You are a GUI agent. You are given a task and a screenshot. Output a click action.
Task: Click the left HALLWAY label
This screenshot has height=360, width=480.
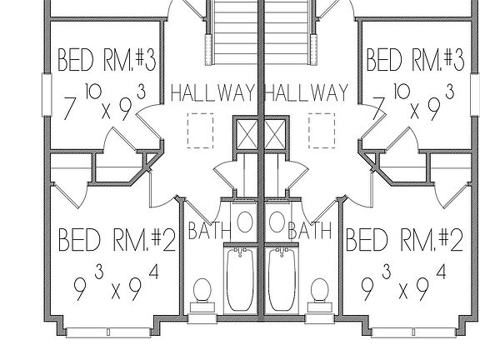(x=213, y=93)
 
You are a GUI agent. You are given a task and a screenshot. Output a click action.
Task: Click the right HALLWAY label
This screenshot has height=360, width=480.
(x=306, y=93)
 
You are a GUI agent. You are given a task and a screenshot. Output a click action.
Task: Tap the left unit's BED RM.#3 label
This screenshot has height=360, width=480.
(x=107, y=60)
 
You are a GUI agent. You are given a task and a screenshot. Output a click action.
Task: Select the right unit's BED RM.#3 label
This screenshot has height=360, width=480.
(x=415, y=60)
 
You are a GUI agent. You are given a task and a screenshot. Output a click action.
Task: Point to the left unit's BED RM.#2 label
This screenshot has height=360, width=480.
(x=117, y=240)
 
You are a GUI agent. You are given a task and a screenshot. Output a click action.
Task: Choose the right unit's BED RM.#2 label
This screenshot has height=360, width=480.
(x=405, y=240)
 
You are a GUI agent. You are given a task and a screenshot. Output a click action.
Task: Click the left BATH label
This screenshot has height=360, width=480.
(x=209, y=231)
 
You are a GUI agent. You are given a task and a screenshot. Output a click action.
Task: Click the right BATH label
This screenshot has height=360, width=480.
(x=310, y=231)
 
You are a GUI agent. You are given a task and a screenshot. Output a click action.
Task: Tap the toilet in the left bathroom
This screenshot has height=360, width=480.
(x=202, y=295)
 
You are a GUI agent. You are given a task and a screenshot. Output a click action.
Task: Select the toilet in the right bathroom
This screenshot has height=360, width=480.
(x=320, y=295)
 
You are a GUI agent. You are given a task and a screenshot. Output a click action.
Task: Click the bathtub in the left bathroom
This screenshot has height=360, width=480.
(x=240, y=279)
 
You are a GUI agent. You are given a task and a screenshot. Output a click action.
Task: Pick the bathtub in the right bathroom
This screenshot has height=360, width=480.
(x=282, y=279)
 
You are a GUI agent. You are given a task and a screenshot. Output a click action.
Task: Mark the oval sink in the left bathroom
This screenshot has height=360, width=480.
(x=245, y=222)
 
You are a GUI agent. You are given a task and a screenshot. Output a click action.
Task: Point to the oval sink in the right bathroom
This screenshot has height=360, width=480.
(x=277, y=222)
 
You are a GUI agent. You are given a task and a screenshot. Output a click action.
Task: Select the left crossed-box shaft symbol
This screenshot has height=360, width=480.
(x=247, y=135)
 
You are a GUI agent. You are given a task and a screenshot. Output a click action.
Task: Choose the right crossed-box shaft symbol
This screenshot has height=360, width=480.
(x=275, y=135)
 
